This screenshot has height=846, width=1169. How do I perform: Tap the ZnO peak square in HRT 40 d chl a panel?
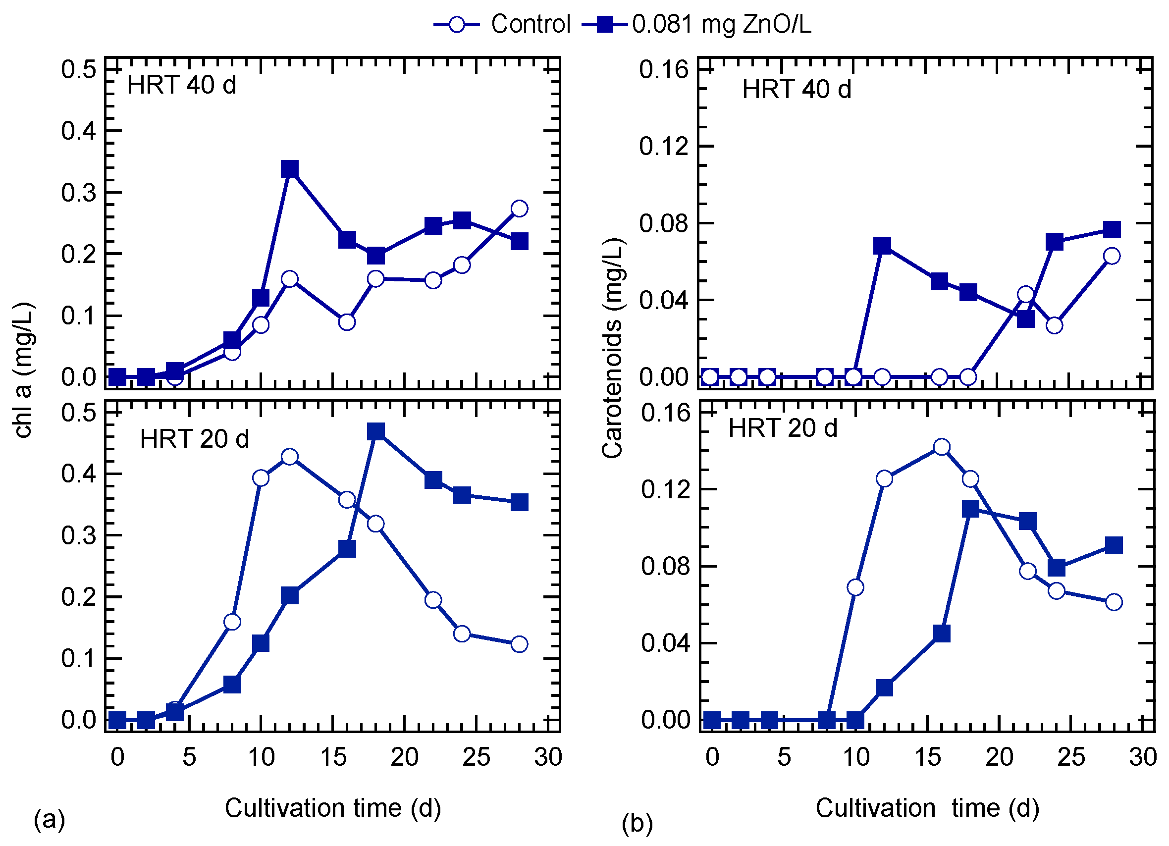coord(290,168)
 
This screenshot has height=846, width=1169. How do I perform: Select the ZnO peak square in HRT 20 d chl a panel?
coord(376,431)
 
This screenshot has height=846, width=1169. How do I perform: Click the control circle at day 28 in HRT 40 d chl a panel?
coord(520,208)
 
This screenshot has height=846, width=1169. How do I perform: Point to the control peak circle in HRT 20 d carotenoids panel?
coord(942,447)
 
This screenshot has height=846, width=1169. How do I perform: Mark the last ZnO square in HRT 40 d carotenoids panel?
coord(1113,229)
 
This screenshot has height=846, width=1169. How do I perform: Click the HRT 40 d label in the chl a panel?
coord(181,85)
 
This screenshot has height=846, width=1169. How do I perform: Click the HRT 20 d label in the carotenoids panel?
coord(783,428)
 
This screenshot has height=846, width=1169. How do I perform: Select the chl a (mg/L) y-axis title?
coord(23,370)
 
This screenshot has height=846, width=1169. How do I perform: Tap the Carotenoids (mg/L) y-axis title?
coord(613,348)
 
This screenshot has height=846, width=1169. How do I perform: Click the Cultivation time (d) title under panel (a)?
coord(333,808)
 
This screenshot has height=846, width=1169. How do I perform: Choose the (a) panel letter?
coord(50,819)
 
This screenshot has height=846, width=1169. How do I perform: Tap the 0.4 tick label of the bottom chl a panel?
coord(78,474)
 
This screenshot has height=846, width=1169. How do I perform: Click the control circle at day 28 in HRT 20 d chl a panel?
coord(520,644)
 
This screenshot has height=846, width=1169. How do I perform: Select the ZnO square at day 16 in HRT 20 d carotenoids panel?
coord(942,634)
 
